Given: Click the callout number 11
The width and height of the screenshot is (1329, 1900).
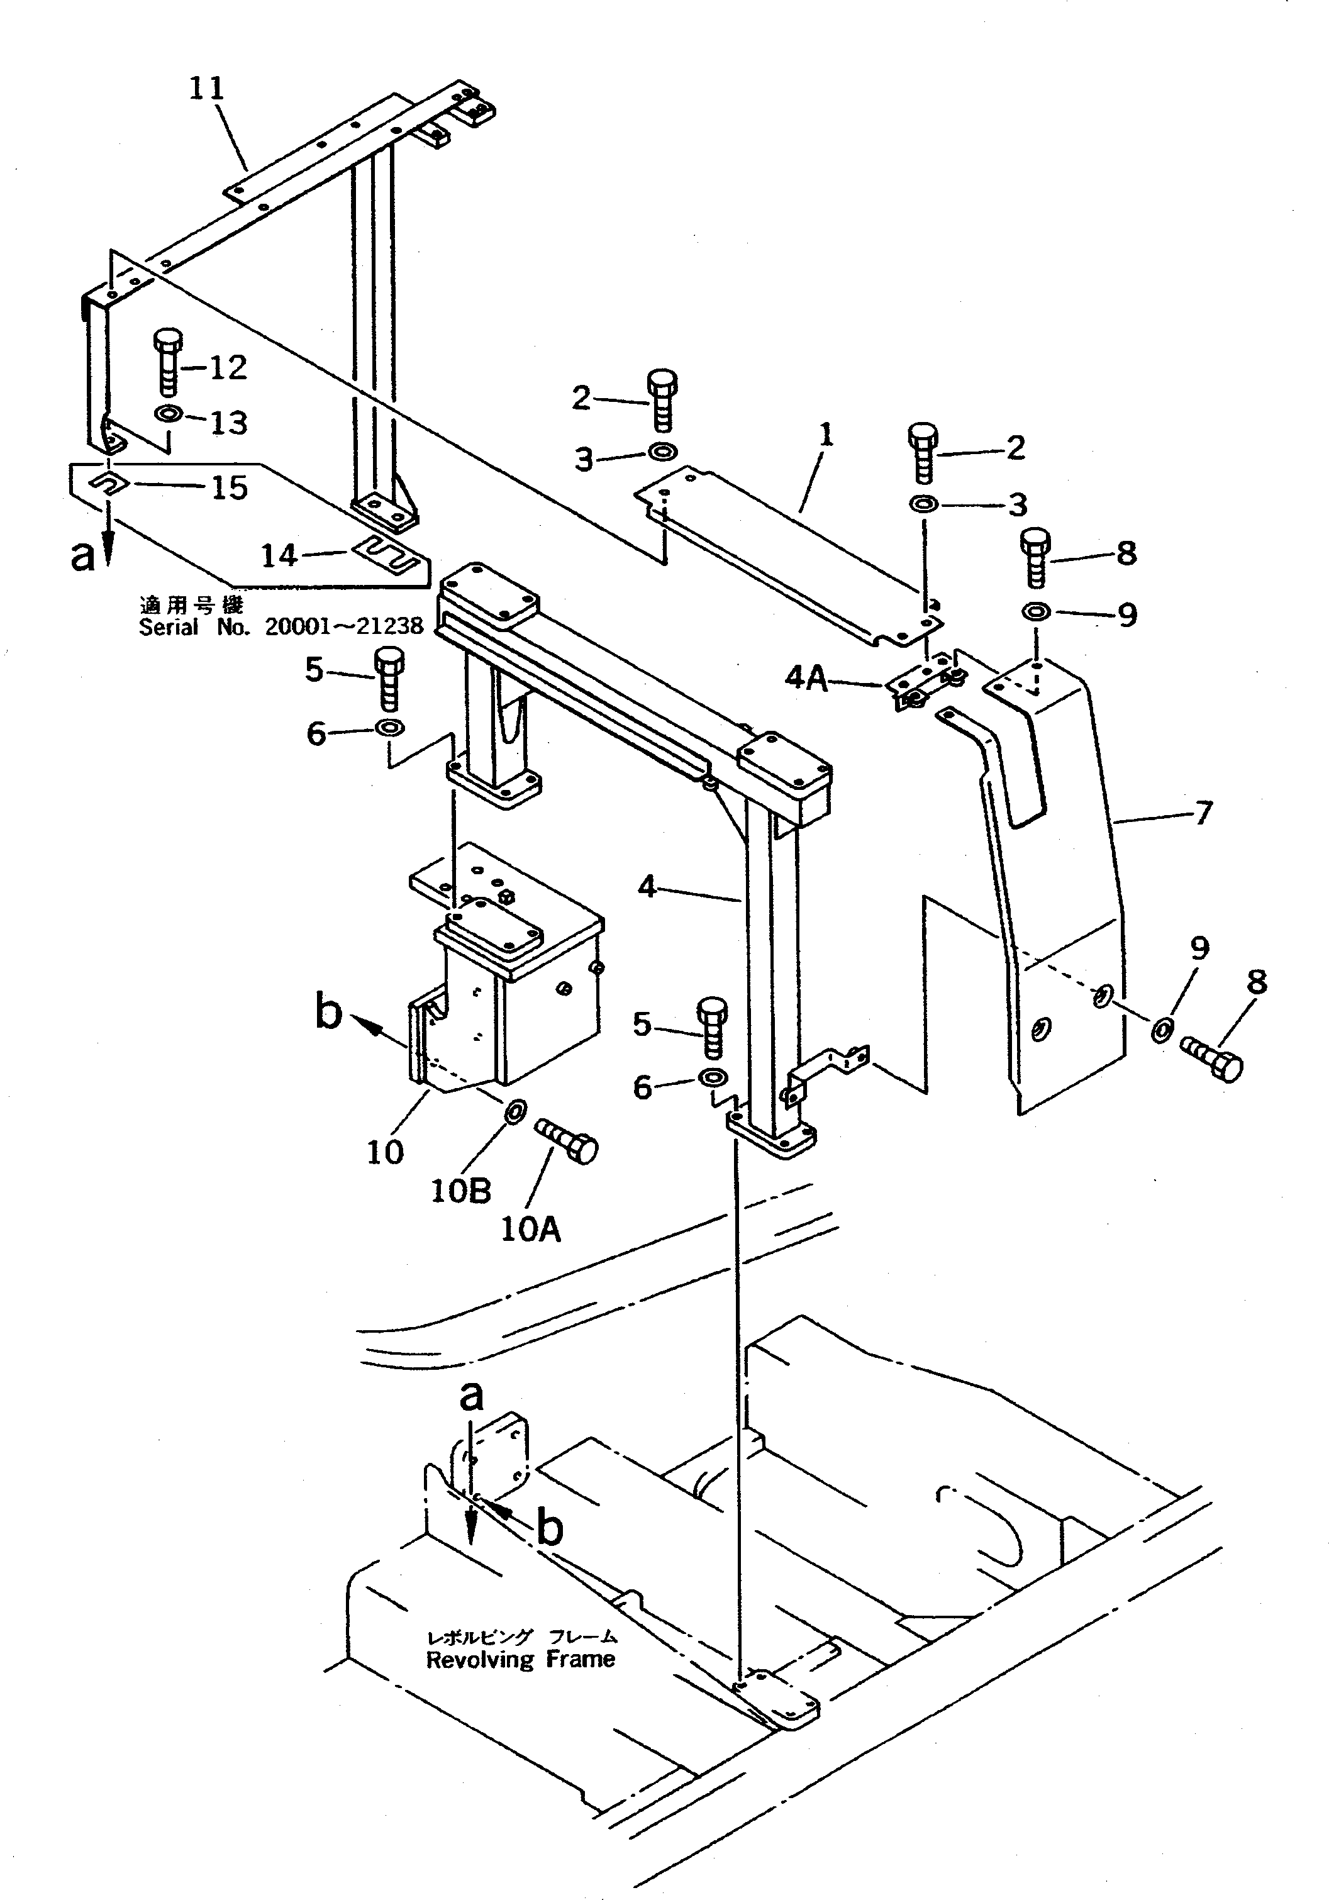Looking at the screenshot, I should tap(206, 87).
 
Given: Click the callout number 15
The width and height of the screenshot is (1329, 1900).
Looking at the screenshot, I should tap(229, 487).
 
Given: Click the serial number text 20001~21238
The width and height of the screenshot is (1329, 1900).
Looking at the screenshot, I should tap(343, 626).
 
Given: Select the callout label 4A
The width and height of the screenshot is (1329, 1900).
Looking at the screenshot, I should tap(805, 679).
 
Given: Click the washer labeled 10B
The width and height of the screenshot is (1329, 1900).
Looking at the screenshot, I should tap(513, 1109).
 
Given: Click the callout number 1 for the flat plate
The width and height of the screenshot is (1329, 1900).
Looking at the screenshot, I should tap(825, 435).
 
